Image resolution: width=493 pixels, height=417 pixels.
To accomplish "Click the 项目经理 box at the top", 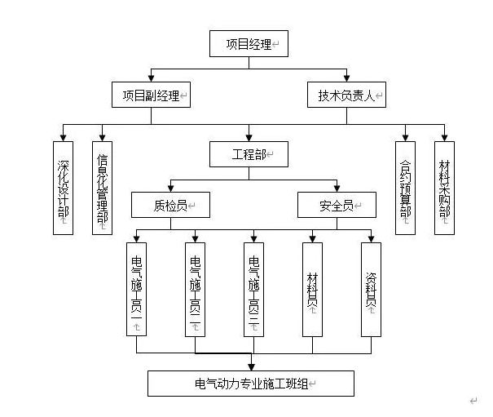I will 249,44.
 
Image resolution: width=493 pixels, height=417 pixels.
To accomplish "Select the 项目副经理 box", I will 151,95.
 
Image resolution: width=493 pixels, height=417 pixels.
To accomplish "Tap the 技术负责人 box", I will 346,95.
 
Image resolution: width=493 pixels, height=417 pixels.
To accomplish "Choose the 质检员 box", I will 170,205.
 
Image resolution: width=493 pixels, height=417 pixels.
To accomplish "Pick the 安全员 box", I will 337,205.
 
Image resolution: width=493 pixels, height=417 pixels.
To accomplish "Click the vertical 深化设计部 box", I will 64,188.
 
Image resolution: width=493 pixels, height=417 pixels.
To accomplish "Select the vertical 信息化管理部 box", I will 103,188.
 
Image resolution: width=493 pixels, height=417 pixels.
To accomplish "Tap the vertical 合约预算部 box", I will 405,188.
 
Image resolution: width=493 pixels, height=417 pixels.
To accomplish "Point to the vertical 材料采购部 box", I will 444,188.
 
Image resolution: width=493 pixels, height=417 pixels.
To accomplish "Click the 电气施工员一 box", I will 137,290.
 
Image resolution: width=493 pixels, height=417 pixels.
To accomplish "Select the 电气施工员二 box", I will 196,290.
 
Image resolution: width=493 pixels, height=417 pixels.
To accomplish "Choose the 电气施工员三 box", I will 254,290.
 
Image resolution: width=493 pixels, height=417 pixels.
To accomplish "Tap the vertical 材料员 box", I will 313,290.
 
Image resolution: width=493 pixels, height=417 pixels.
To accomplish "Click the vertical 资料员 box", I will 372,290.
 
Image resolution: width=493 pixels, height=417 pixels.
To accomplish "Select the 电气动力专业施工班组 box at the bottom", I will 251,383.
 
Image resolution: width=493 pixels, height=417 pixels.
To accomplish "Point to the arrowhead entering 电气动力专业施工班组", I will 251,366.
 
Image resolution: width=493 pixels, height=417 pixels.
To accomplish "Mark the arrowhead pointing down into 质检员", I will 170,189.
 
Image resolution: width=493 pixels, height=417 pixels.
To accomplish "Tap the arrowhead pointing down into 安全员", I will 337,189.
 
